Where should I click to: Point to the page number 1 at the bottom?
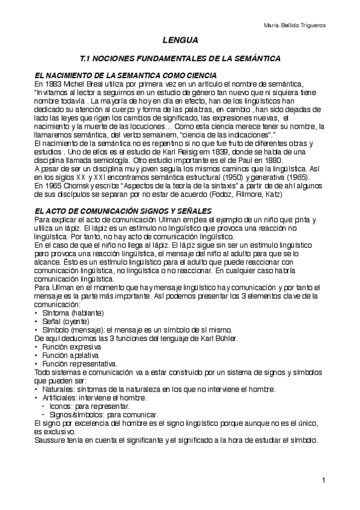(323, 481)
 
